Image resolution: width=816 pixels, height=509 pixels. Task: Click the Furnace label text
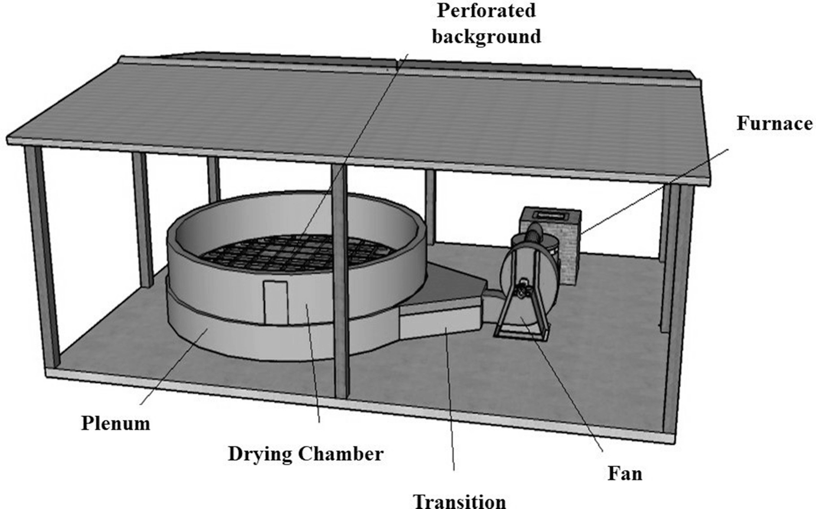coord(774,123)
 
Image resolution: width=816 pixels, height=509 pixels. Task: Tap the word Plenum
coord(116,423)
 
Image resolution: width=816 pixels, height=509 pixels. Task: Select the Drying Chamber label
coord(306,453)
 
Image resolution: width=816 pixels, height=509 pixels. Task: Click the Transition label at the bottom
coord(459,501)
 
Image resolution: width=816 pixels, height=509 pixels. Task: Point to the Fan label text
coord(624,473)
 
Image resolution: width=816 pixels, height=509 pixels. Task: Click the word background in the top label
coord(487,36)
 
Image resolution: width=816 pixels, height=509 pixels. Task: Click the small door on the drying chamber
coord(276,302)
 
